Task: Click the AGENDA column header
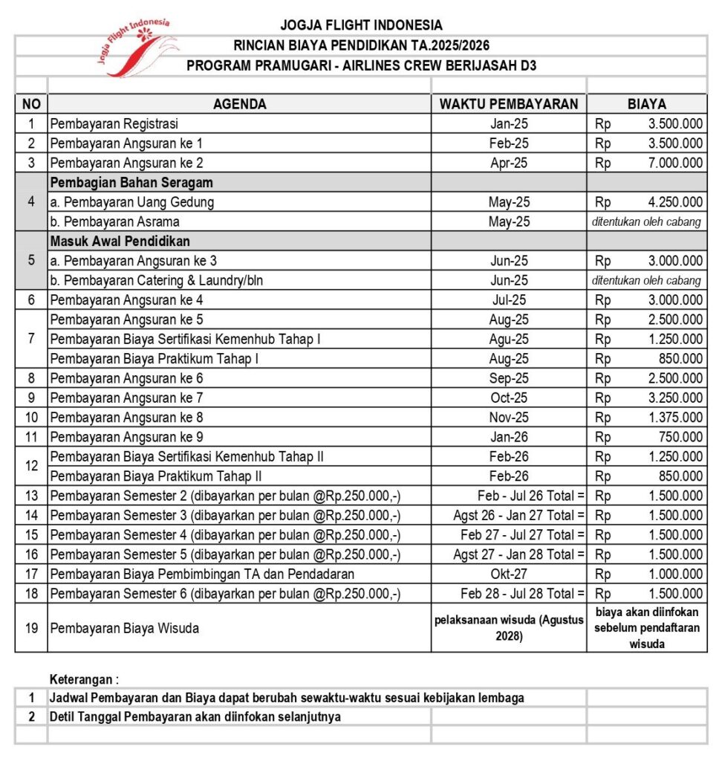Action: pyautogui.click(x=239, y=104)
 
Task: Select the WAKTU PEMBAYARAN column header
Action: pyautogui.click(x=509, y=104)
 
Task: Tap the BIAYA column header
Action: pyautogui.click(x=646, y=104)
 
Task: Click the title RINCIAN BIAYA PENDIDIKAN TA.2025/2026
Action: pyautogui.click(x=361, y=46)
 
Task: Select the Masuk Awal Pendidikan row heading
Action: pyautogui.click(x=120, y=241)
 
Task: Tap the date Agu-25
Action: pyautogui.click(x=509, y=339)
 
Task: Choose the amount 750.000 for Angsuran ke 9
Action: pyautogui.click(x=683, y=437)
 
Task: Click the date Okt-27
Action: pyautogui.click(x=509, y=574)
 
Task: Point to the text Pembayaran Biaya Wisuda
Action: pyautogui.click(x=124, y=628)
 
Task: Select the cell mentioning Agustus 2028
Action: pyautogui.click(x=509, y=628)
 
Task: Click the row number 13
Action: pyautogui.click(x=31, y=496)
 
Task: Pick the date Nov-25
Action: pyautogui.click(x=509, y=417)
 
